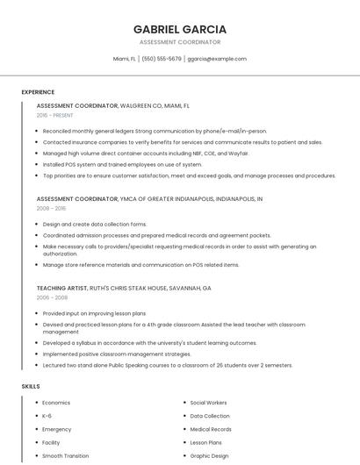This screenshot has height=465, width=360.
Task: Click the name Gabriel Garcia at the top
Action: pos(179,29)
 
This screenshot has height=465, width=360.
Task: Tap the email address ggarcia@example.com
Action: pos(217,59)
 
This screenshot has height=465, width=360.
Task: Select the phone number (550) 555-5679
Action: pos(162,59)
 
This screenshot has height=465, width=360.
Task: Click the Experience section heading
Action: pos(38,91)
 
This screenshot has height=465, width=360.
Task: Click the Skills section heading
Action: pos(31,386)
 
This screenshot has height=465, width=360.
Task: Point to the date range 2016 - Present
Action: pos(54,115)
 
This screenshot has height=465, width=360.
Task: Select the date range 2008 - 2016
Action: pos(51,209)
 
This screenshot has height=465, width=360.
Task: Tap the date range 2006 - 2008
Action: pos(51,297)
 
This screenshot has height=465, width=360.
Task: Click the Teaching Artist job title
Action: pos(62,288)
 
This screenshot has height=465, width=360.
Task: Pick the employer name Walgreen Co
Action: pos(142,105)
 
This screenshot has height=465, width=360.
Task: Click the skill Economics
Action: pos(56,403)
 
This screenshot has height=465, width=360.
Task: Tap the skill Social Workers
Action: pos(209,403)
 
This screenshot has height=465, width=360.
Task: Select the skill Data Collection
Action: pos(210,416)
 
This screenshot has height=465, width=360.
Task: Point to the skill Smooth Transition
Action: pos(66,456)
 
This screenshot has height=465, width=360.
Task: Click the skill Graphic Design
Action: pos(209,456)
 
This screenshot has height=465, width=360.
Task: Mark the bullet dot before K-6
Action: pos(36,416)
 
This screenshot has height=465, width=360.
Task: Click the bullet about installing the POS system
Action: pos(122,164)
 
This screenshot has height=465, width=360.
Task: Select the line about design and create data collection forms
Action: pos(95,225)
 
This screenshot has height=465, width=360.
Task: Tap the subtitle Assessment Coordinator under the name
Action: pos(179,42)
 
